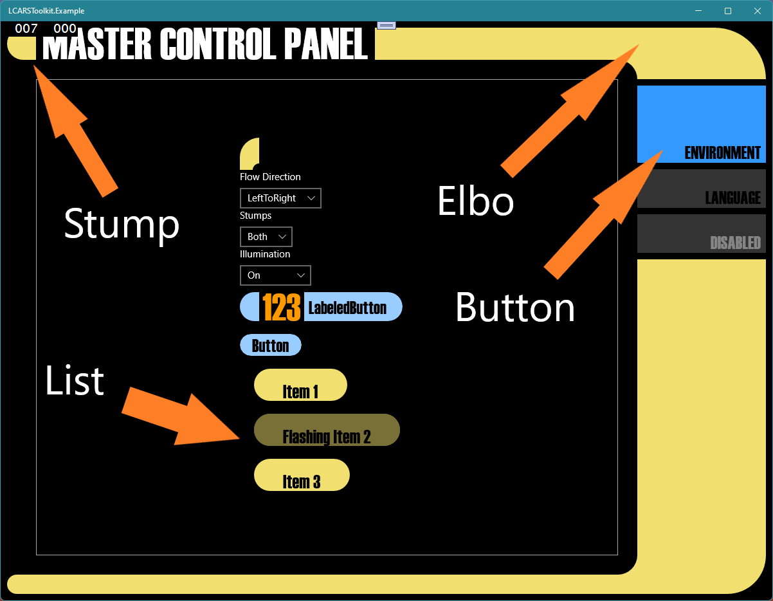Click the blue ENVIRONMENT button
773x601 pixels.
[701, 124]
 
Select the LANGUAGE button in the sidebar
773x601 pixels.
[701, 189]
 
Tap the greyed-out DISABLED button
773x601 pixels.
[701, 234]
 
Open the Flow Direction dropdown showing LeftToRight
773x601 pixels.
[280, 198]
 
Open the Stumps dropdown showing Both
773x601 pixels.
[266, 237]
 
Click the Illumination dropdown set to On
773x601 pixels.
[275, 275]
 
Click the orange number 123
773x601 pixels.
[282, 307]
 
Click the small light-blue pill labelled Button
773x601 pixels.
[271, 346]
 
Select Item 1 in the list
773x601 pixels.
[300, 385]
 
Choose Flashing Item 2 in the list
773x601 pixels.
[327, 430]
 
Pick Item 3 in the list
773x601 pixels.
[302, 476]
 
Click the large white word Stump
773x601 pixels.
[122, 224]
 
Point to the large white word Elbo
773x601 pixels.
[475, 201]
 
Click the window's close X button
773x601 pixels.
[757, 11]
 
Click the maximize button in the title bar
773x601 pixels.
[728, 11]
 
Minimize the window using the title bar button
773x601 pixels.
[698, 11]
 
